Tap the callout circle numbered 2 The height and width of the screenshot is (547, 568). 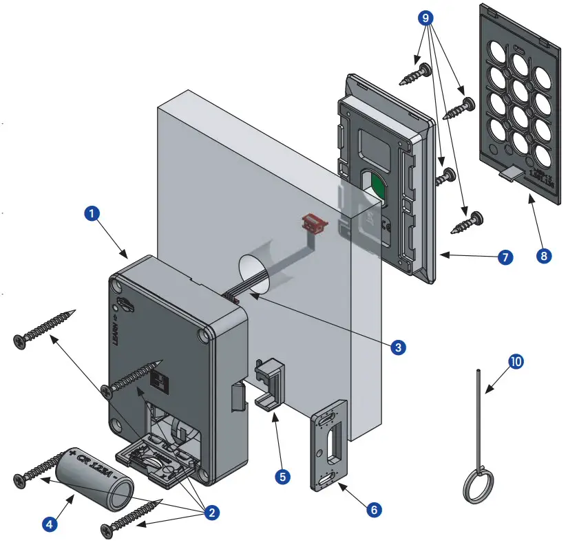[212, 512]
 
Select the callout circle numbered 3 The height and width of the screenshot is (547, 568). [397, 347]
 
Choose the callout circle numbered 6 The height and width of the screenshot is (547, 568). [373, 510]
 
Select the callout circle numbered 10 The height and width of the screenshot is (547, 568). [516, 361]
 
